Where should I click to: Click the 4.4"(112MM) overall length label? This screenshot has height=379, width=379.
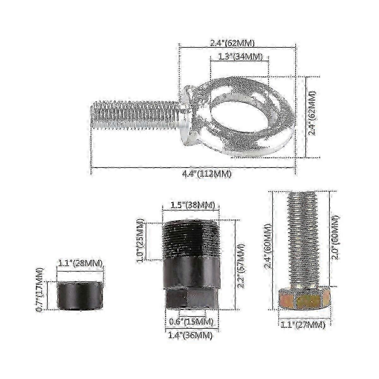coord(207,174)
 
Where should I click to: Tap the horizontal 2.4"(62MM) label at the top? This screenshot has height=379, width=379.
coord(232,43)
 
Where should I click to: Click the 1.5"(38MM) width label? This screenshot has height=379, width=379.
coord(192,205)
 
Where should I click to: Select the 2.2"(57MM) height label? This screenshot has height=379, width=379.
coord(241,266)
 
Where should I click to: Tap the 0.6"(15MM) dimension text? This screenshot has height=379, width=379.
coord(191,322)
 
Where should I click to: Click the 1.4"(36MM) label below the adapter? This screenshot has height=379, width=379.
coord(190,335)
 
